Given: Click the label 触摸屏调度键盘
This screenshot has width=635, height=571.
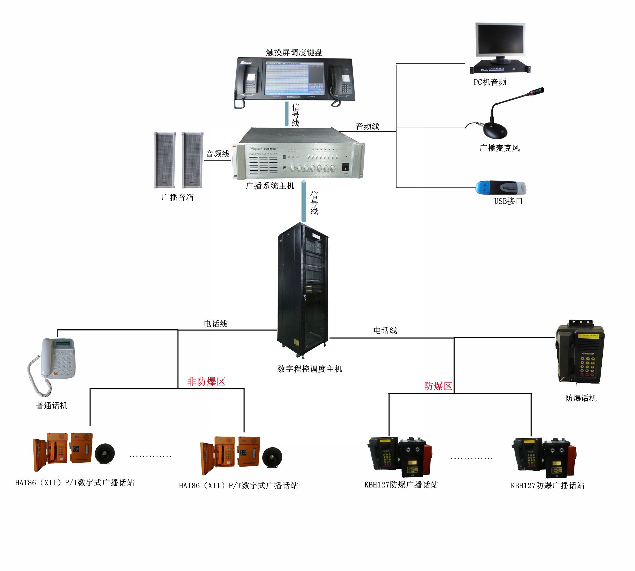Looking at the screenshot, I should click(x=294, y=52).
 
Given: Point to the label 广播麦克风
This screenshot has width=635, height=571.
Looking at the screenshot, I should click(x=499, y=148).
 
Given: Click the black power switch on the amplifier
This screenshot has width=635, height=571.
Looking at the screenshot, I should click(x=346, y=166).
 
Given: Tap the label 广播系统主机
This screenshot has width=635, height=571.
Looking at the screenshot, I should click(x=270, y=186).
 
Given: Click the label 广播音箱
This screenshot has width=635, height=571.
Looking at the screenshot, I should click(x=178, y=197).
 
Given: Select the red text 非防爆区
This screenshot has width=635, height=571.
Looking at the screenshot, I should click(x=206, y=381).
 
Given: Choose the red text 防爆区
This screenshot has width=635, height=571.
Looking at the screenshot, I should click(x=438, y=386).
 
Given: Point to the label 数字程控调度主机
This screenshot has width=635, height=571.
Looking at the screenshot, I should click(x=310, y=369).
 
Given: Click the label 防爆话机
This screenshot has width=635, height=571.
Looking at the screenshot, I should click(x=581, y=398).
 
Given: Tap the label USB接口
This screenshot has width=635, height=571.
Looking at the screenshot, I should click(x=508, y=201).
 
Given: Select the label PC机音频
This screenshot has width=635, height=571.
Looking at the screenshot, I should click(x=490, y=82).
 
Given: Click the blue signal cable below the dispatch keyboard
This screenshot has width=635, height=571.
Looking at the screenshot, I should click(x=286, y=114).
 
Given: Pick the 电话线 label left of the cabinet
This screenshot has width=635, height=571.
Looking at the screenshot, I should click(x=216, y=324).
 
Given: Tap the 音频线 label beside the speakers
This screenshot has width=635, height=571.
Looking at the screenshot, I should click(x=218, y=154).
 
